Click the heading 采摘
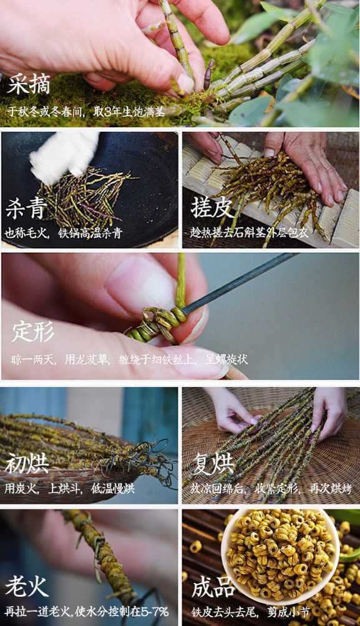coord(28,84)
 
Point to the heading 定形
coord(32,331)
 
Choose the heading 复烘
coord(213,463)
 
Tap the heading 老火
coord(26,586)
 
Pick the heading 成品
coord(213,587)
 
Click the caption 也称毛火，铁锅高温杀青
coord(64,233)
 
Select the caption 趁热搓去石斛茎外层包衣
coord(250,232)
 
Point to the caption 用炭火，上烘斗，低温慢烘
coord(69,488)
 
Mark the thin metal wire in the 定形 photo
coord(240,282)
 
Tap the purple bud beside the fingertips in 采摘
coord(208,74)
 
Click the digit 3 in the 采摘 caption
coord(107,111)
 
